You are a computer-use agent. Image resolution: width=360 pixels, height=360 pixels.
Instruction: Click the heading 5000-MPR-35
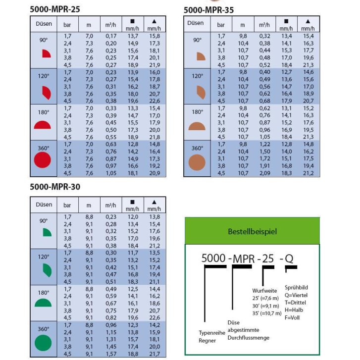coord(208,10)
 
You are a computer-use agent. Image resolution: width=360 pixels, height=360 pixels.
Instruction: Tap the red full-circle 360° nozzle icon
coord(43,160)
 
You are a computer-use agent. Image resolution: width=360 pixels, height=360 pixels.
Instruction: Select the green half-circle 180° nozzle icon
coord(43,303)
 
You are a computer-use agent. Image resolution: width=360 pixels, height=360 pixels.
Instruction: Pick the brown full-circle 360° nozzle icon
coord(197,161)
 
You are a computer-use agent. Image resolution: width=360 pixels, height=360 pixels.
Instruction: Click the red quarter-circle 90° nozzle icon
coord(46,53)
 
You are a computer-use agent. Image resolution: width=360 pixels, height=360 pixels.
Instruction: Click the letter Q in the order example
coord(290,257)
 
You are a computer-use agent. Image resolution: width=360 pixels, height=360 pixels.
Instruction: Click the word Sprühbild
coord(295,287)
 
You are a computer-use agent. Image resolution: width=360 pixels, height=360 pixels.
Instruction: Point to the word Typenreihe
coord(212,333)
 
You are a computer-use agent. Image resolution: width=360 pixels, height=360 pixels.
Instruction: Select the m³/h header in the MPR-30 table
coord(110,205)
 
